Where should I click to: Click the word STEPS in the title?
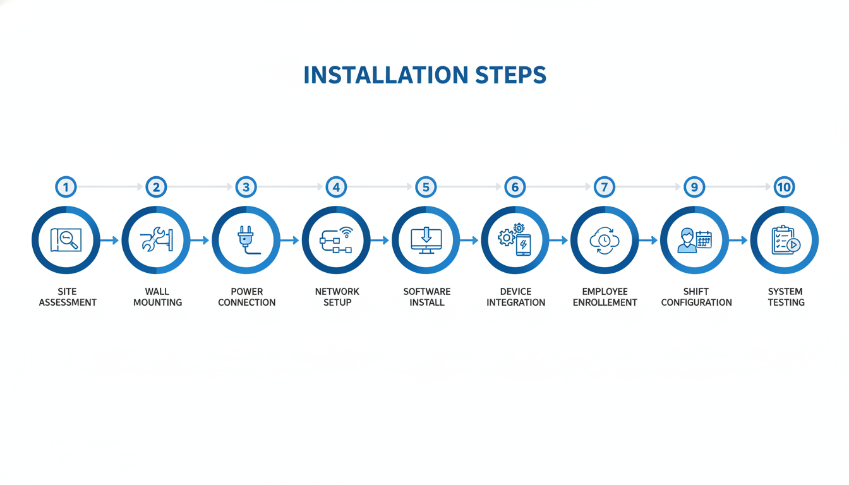[x=510, y=75]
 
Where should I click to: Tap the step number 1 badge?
[x=66, y=187]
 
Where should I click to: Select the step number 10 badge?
[x=784, y=187]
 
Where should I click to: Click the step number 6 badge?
[x=515, y=187]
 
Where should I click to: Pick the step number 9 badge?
[x=694, y=187]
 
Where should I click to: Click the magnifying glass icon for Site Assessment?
[x=68, y=239]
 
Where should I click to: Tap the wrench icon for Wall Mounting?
[x=152, y=239]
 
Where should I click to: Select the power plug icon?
[x=247, y=240]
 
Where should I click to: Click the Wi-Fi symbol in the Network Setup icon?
[x=346, y=232]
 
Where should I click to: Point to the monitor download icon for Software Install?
[x=426, y=240]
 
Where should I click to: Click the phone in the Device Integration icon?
[x=524, y=245]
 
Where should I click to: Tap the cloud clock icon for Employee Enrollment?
[x=605, y=240]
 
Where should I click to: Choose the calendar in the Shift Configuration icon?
[x=704, y=240]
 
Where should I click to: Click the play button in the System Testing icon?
[x=793, y=245]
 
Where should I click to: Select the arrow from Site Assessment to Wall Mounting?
[x=109, y=240]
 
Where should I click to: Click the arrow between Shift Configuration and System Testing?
[x=738, y=240]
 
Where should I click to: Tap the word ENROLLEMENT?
[x=605, y=302]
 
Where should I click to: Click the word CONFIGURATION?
[x=697, y=302]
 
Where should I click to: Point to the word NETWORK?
[x=337, y=291]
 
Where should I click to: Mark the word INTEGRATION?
[x=516, y=302]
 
